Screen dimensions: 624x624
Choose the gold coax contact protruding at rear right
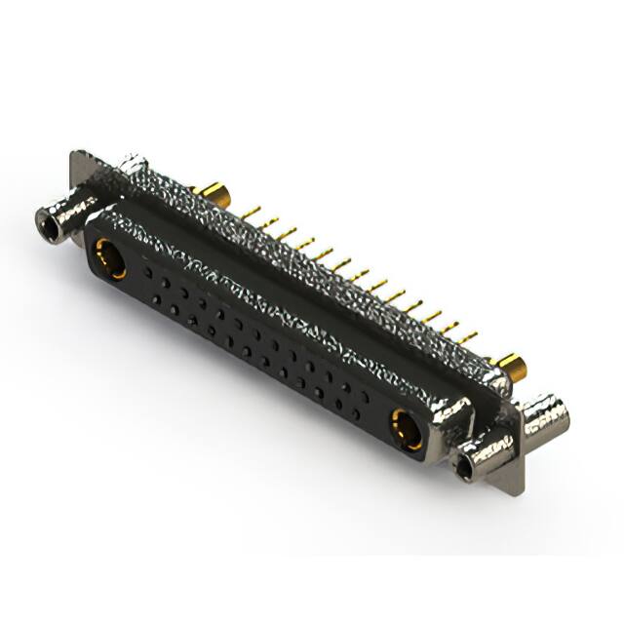pyautogui.click(x=511, y=369)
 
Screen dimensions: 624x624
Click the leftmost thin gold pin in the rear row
pyautogui.click(x=251, y=211)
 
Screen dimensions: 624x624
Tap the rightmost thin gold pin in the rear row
pyautogui.click(x=469, y=337)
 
